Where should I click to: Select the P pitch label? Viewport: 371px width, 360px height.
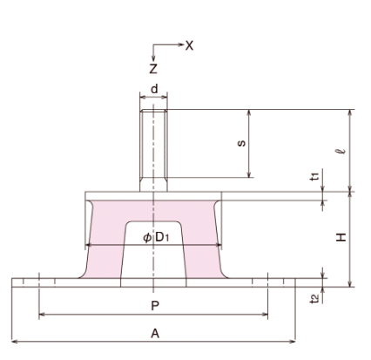click(154, 305)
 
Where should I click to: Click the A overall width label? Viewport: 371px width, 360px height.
click(154, 332)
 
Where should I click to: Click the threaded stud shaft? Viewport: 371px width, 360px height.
click(154, 148)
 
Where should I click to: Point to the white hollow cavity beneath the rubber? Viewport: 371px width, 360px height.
click(154, 262)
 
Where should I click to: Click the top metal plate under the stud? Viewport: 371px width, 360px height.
click(154, 196)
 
